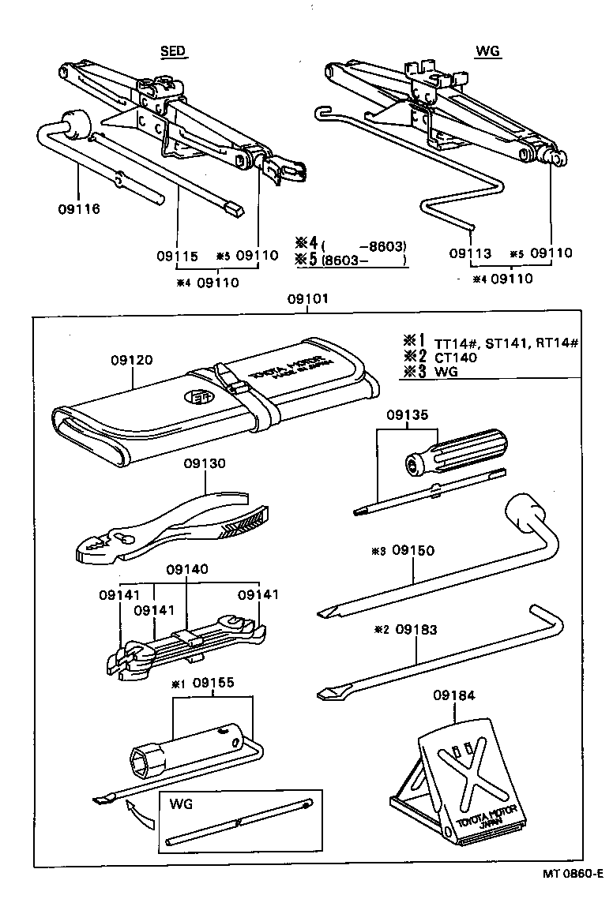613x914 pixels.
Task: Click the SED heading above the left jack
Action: point(173,51)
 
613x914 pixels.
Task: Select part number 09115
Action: point(175,256)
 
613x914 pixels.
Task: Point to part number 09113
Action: point(470,253)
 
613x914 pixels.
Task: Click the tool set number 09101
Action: point(307,301)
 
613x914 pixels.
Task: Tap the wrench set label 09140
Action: point(186,568)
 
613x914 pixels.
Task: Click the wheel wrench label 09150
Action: point(413,549)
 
